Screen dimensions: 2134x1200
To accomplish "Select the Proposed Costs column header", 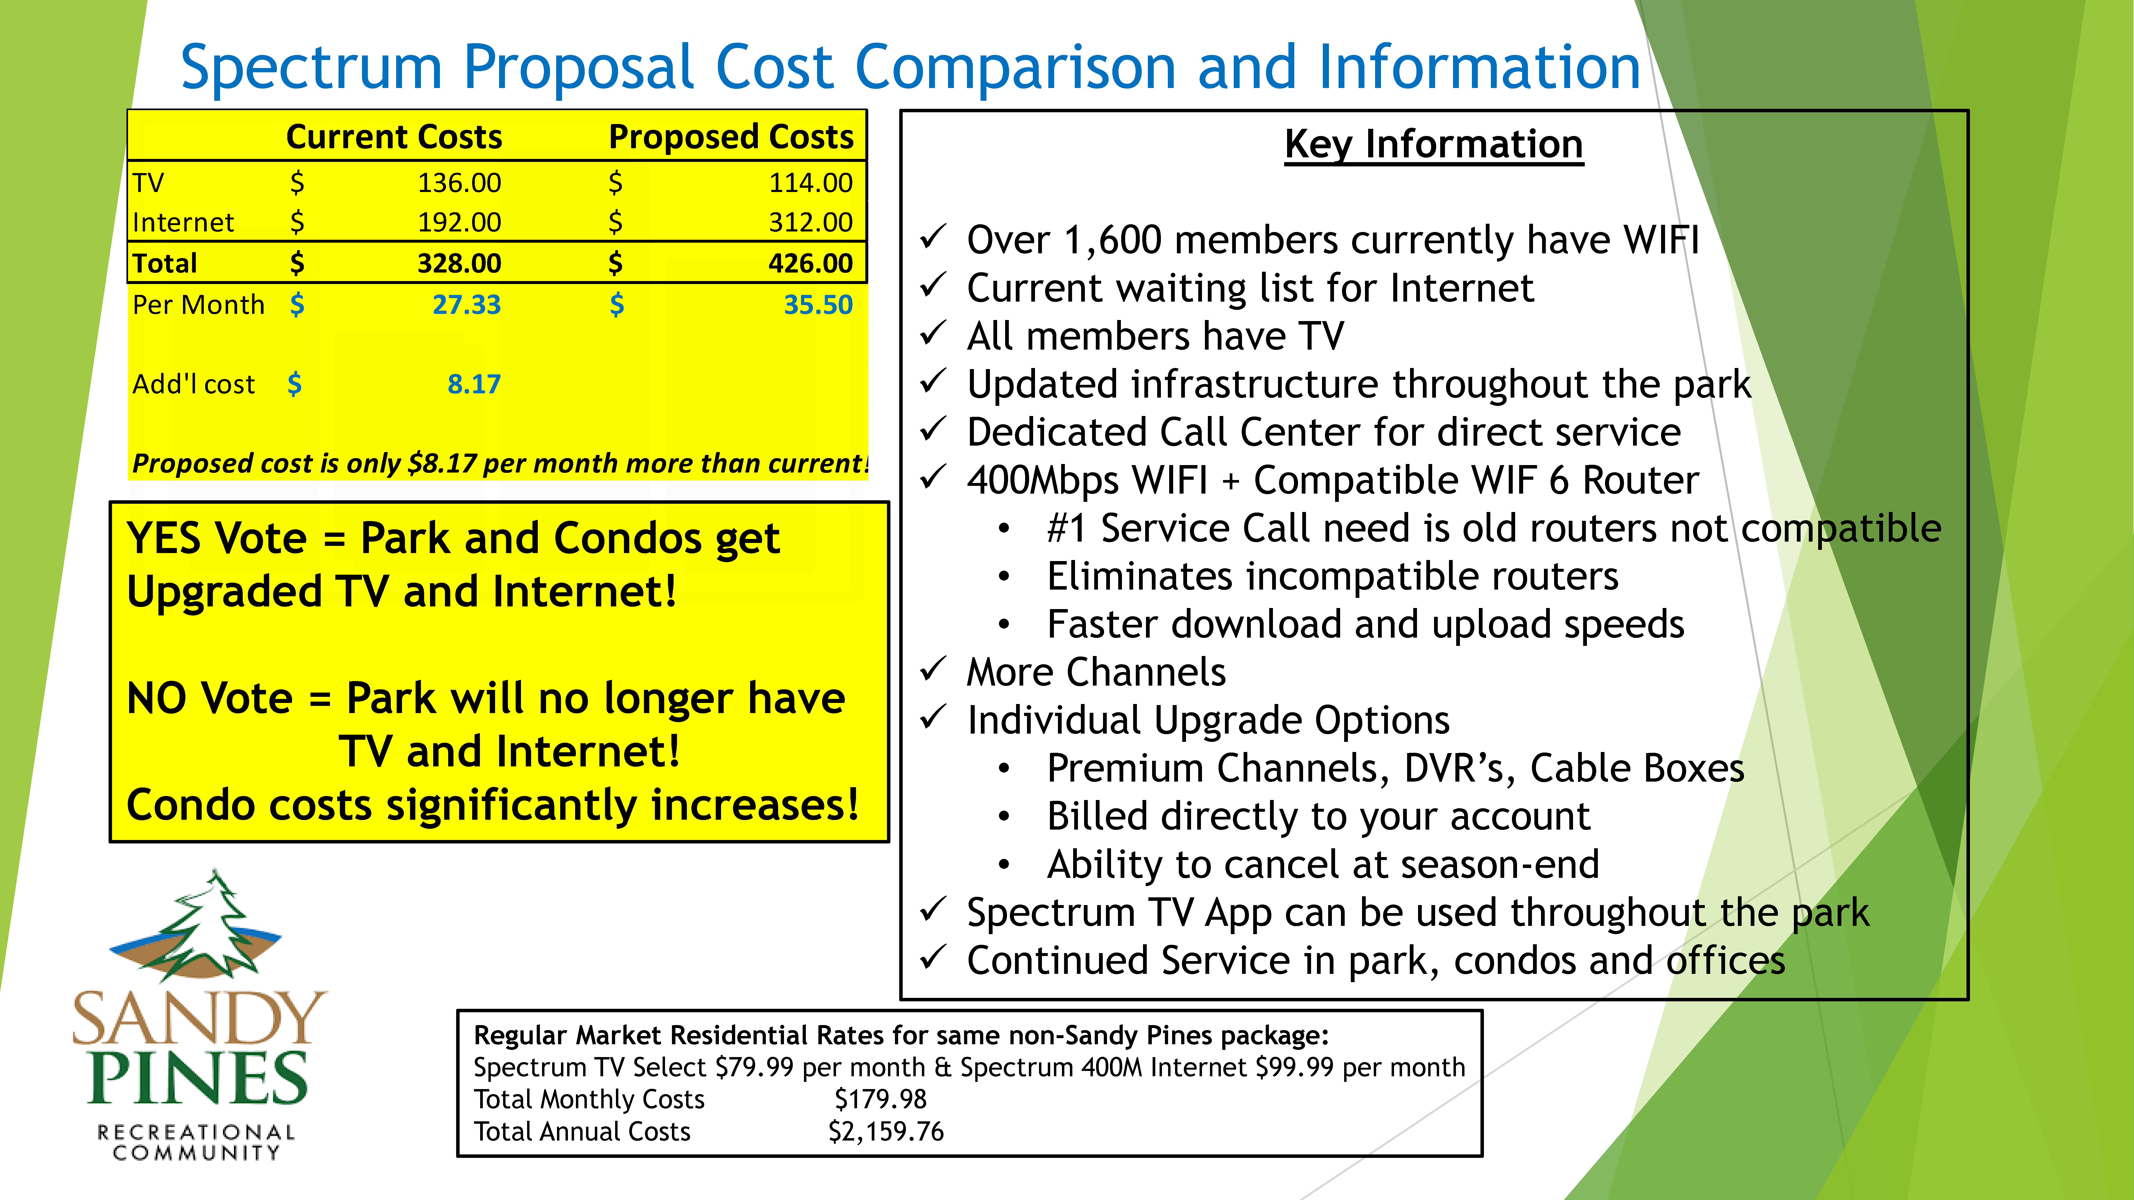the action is [731, 137].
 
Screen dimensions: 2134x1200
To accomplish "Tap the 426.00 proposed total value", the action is [810, 263].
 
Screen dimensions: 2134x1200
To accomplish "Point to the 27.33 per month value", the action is [466, 305].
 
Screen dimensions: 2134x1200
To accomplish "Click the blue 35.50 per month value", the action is [818, 305].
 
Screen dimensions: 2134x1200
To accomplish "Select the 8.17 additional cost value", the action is [474, 384].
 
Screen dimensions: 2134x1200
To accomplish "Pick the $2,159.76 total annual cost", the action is [886, 1131].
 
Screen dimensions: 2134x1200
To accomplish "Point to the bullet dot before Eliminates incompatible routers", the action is [1004, 577].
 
